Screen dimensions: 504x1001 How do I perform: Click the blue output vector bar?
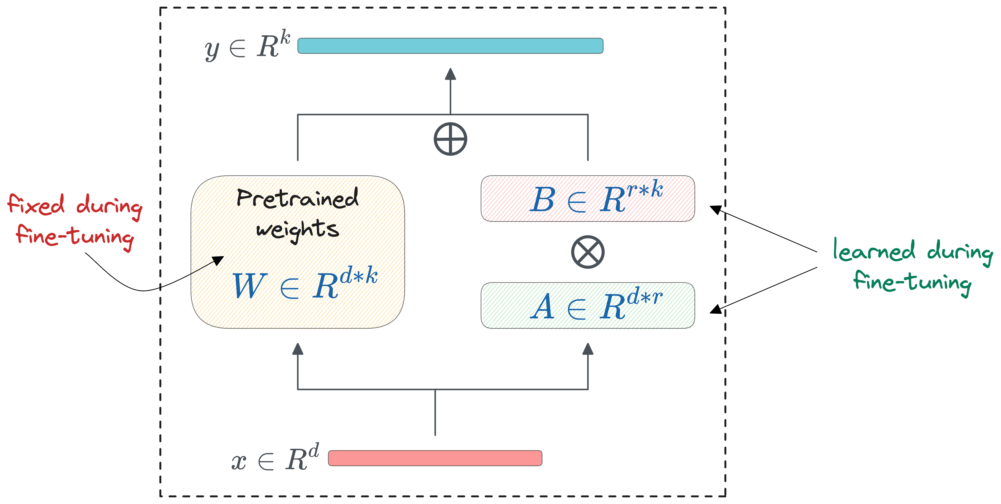point(450,46)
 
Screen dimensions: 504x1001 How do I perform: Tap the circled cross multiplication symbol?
point(587,252)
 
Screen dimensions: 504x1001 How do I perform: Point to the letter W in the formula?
point(249,286)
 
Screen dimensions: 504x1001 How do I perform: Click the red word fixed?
point(36,205)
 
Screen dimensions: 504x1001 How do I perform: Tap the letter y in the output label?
point(212,50)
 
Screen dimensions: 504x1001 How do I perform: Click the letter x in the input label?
point(238,462)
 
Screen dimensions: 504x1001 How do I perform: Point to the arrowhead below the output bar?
point(450,74)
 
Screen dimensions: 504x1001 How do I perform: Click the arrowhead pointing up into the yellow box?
point(298,349)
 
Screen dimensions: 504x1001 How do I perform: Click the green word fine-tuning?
point(912,283)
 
